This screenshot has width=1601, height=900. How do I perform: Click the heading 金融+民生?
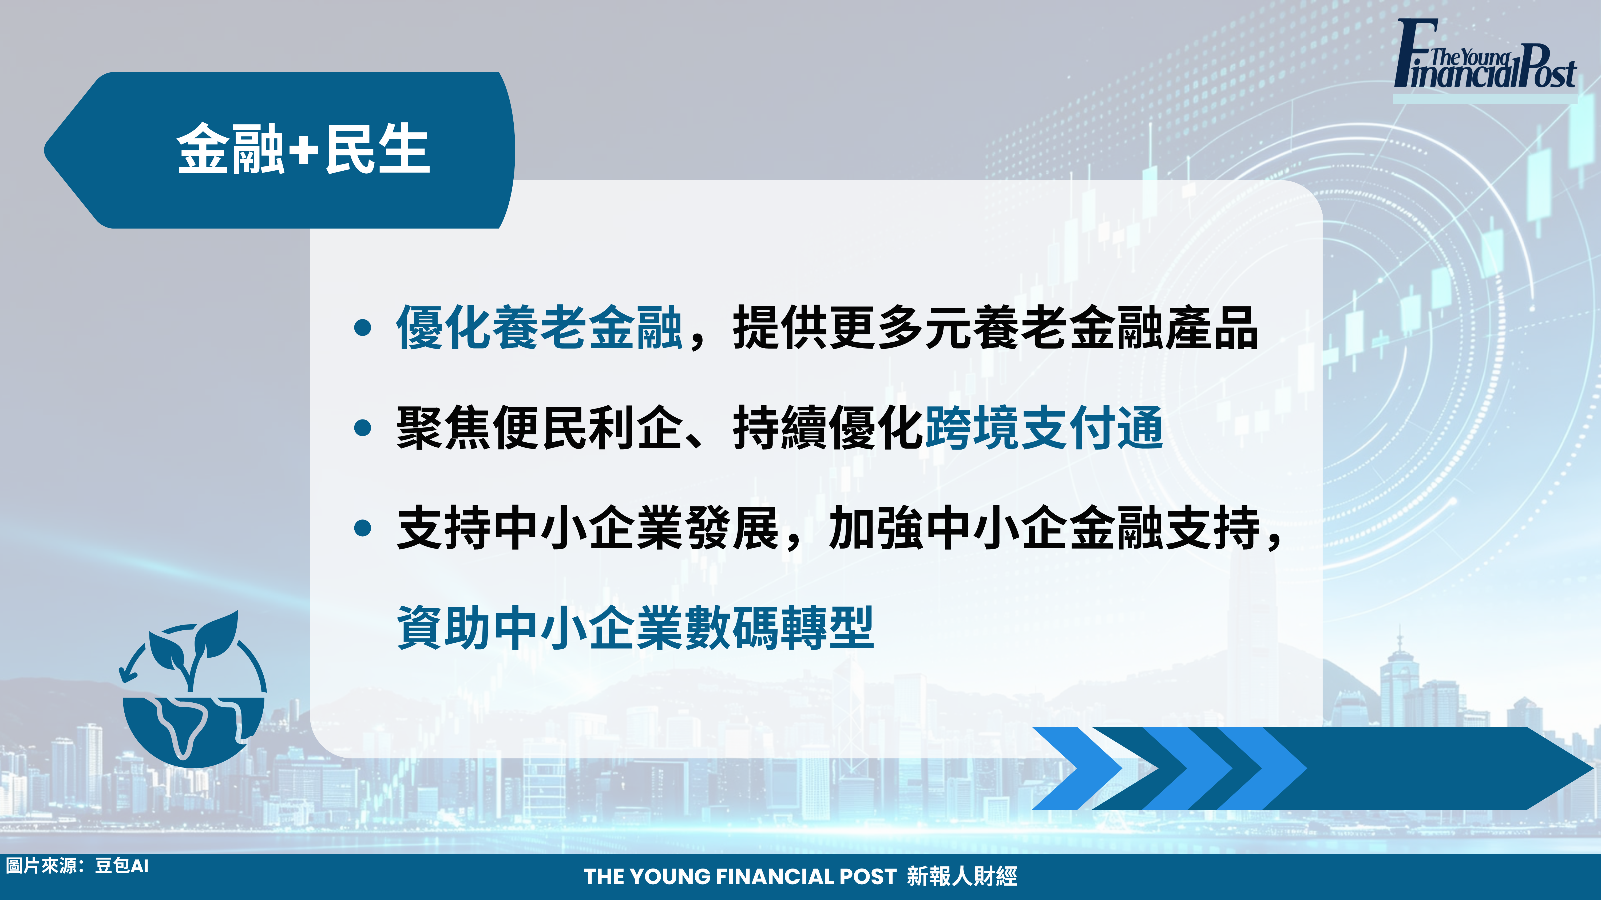coord(303,149)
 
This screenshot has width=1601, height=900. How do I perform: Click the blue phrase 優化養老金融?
coord(540,327)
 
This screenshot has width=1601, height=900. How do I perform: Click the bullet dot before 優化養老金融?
coord(362,327)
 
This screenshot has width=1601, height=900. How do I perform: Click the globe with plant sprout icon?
coord(193,689)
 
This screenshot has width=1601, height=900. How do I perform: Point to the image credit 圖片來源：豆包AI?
coord(78,866)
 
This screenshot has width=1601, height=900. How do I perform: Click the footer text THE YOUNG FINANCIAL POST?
coord(740,876)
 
